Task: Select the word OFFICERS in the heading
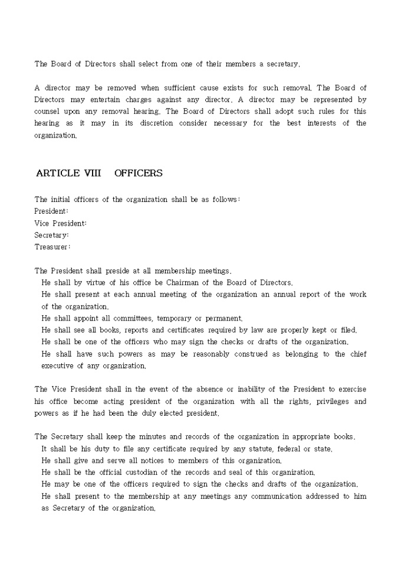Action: click(139, 173)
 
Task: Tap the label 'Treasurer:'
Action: click(52, 247)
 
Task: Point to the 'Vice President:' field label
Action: click(61, 223)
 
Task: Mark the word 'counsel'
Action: click(48, 112)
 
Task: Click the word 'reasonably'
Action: click(203, 354)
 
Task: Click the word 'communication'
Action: click(280, 497)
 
